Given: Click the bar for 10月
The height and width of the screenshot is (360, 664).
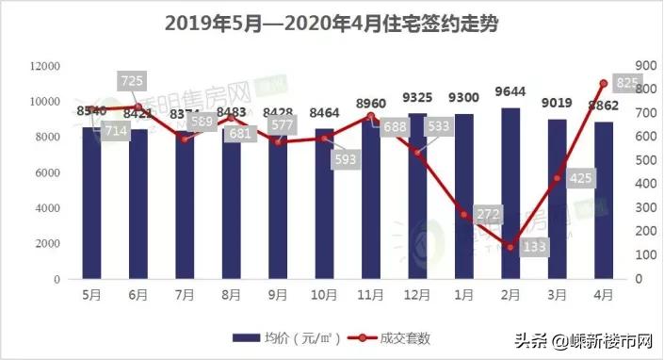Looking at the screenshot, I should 325,205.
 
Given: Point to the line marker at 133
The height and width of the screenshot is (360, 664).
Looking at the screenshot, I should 510,248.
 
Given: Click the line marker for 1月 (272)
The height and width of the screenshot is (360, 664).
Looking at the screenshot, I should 463,215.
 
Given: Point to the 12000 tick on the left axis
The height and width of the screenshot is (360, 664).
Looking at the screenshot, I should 45,66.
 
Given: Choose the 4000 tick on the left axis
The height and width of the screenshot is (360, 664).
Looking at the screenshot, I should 49,208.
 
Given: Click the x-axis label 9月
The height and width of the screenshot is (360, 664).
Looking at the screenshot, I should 278,294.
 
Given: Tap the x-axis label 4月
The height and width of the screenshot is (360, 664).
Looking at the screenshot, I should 603,294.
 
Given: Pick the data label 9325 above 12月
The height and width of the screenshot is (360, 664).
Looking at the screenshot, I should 417,97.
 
